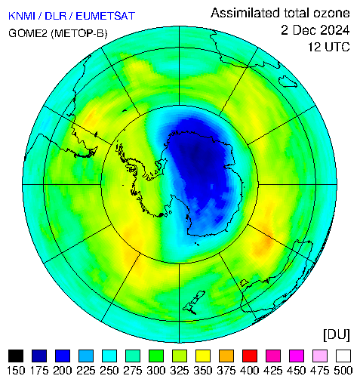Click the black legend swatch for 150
click(x=16, y=356)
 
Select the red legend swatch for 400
click(x=250, y=356)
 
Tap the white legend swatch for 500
click(x=343, y=356)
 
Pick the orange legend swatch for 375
click(x=226, y=356)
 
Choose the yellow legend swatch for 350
click(x=203, y=356)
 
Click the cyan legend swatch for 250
click(x=109, y=356)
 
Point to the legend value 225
click(x=86, y=371)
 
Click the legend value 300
click(x=156, y=371)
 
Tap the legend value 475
click(x=320, y=371)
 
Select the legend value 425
click(x=273, y=371)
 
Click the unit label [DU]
click(x=337, y=335)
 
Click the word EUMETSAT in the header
click(x=106, y=16)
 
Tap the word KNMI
click(x=22, y=16)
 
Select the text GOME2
click(x=28, y=33)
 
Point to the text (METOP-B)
click(x=79, y=33)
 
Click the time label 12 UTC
click(x=329, y=47)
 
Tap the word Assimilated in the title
click(x=245, y=13)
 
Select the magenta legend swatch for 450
click(x=297, y=356)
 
